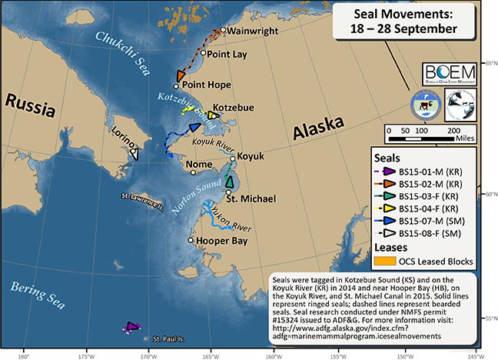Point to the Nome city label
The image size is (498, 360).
pyautogui.click(x=208, y=165)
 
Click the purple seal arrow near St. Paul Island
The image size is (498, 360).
pyautogui.click(x=132, y=327)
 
